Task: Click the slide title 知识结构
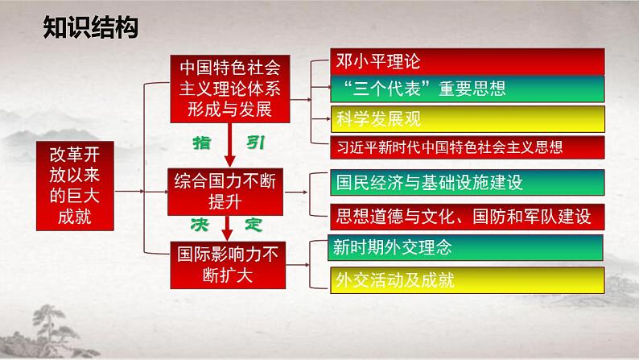click(90, 30)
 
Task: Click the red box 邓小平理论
click(468, 61)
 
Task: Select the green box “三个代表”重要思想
click(468, 88)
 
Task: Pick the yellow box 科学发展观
click(468, 118)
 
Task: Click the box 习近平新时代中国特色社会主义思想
click(468, 146)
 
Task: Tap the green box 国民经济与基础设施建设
click(468, 183)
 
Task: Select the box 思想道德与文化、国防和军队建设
click(468, 215)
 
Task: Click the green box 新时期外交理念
click(468, 247)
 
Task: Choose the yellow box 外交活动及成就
click(468, 279)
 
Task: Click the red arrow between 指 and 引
click(229, 145)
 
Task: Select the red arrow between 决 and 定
click(229, 226)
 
